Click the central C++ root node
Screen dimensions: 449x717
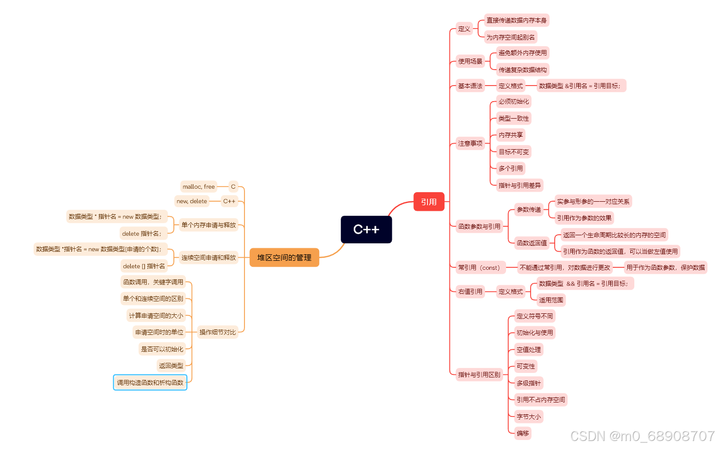point(366,230)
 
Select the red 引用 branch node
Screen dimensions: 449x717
point(429,202)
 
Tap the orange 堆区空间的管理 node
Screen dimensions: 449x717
point(284,258)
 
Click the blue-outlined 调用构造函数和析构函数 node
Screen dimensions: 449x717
point(150,382)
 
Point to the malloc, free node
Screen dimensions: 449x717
point(198,187)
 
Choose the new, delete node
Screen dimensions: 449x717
point(191,201)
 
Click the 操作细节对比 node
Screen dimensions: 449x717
point(217,332)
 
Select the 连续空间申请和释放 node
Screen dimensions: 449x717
point(208,258)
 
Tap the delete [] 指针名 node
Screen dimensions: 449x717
point(144,266)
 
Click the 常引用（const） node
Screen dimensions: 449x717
point(479,268)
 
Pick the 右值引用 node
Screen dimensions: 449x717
point(470,291)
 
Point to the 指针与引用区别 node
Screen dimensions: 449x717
point(479,374)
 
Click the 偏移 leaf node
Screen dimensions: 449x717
point(523,433)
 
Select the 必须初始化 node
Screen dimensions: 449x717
point(514,102)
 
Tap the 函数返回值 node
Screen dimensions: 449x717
point(532,243)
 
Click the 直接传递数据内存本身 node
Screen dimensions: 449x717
point(517,21)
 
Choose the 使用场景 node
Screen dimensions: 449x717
point(470,62)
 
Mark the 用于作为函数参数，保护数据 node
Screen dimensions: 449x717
point(665,268)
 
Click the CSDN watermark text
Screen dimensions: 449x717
point(642,436)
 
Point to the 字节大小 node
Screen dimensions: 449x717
point(529,416)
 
